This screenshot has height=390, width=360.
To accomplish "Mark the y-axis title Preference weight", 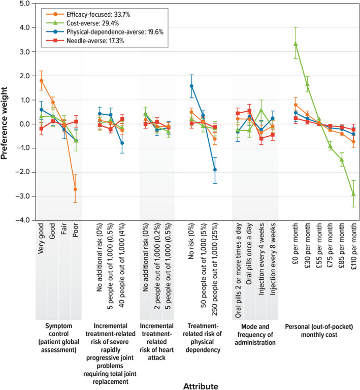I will click(x=6, y=113).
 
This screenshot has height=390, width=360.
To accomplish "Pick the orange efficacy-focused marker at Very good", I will click(x=41, y=81).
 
